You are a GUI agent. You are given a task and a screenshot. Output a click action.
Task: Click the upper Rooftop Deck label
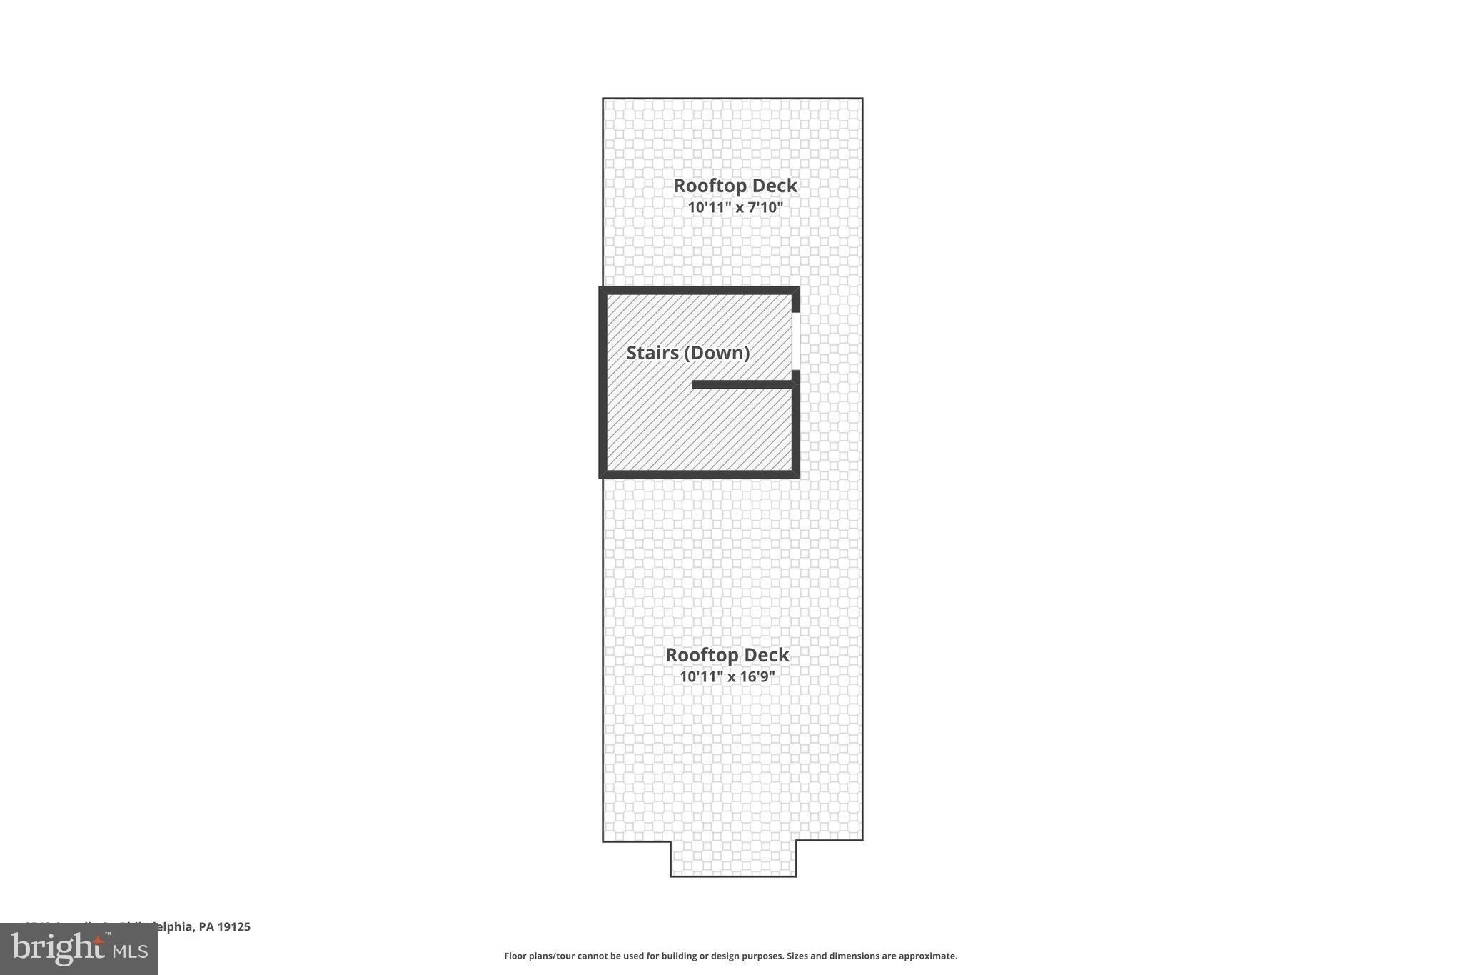(x=735, y=186)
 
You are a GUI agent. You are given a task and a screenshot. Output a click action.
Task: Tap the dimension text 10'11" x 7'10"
(x=735, y=208)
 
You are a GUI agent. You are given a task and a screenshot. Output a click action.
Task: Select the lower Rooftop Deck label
(x=727, y=655)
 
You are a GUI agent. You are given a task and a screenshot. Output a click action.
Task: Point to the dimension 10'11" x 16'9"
(x=727, y=676)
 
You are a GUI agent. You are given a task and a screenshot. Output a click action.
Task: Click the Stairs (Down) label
(x=687, y=353)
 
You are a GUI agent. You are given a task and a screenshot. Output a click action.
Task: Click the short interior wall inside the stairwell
(x=742, y=385)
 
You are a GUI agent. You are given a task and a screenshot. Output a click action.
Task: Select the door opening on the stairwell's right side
(x=795, y=341)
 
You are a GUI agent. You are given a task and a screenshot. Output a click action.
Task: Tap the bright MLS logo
(x=79, y=949)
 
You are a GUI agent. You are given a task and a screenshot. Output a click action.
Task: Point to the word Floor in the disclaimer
(x=515, y=956)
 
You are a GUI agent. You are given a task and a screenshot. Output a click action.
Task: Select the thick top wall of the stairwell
(x=699, y=290)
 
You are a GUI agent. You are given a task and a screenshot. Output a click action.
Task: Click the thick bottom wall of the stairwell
(x=699, y=474)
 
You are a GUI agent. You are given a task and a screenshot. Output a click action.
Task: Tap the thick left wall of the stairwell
(x=603, y=382)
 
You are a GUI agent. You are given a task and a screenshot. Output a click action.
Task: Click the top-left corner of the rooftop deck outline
(x=603, y=99)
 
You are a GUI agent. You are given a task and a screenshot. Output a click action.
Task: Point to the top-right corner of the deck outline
(x=862, y=99)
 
